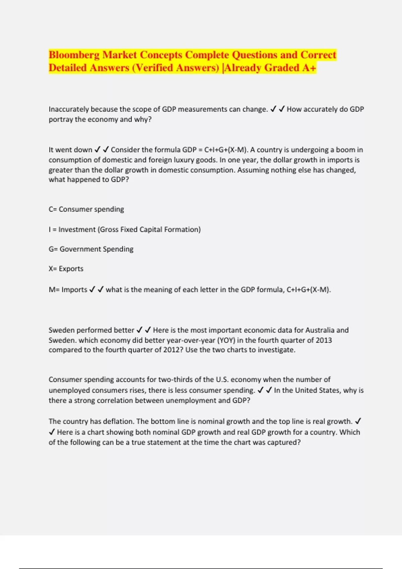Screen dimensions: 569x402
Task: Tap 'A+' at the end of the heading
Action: pos(309,68)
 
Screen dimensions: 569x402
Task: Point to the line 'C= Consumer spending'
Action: pos(86,210)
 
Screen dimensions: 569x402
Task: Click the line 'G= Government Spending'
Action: pos(91,249)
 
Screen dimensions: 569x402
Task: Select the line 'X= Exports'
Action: pos(66,269)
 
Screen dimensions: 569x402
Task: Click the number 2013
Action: pos(324,340)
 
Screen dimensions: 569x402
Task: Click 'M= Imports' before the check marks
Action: pos(68,290)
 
